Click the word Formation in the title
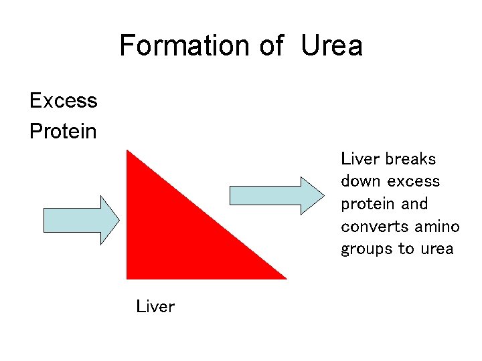[183, 45]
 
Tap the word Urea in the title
[331, 45]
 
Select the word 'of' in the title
[271, 45]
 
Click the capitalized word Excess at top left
[64, 101]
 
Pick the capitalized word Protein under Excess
[63, 131]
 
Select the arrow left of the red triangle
[81, 219]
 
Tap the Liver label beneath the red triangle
[155, 307]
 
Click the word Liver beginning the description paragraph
[360, 159]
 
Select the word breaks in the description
[410, 159]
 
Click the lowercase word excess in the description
[414, 181]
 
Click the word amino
[437, 227]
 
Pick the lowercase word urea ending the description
[436, 249]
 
